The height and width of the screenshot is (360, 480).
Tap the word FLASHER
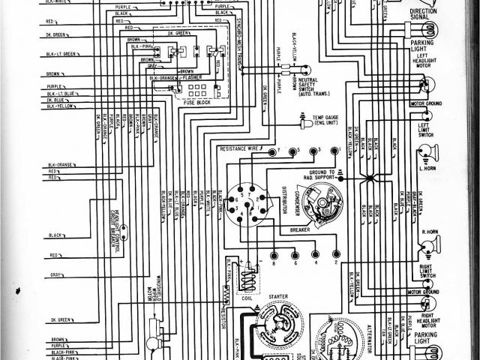pos(196,76)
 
